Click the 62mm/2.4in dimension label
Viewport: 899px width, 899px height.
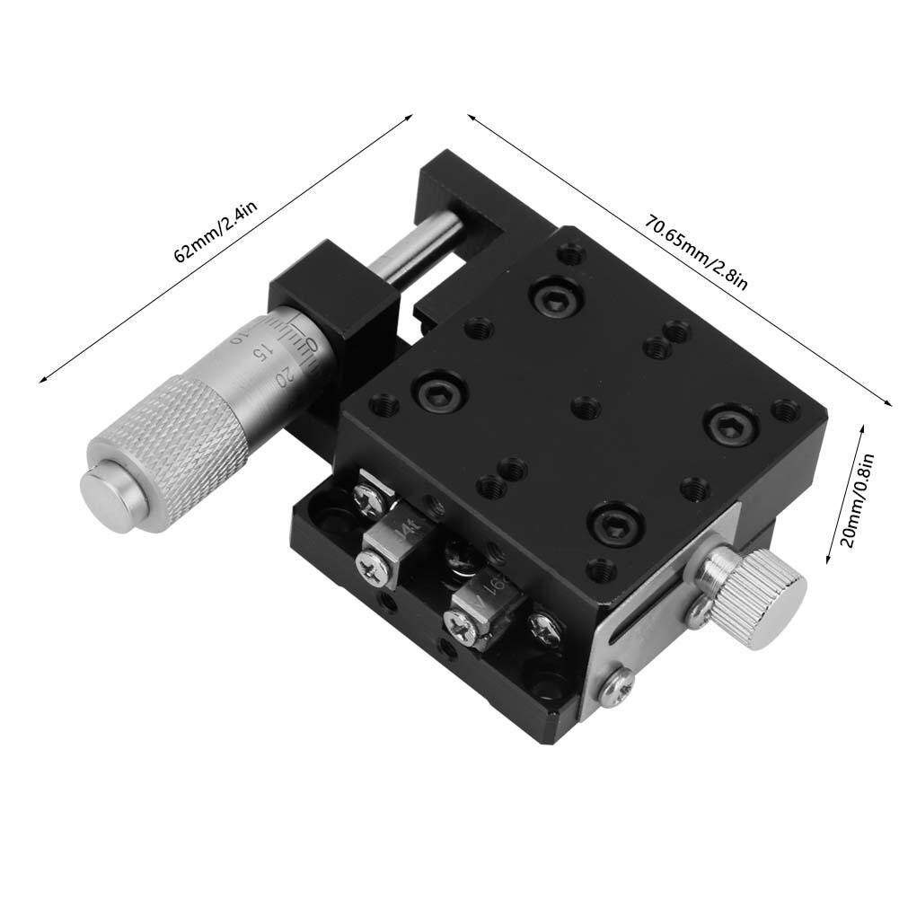[216, 233]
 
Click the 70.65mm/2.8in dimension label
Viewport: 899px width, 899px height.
[697, 253]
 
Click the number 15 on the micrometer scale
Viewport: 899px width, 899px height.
[260, 352]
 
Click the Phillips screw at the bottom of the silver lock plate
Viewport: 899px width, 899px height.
[617, 686]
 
